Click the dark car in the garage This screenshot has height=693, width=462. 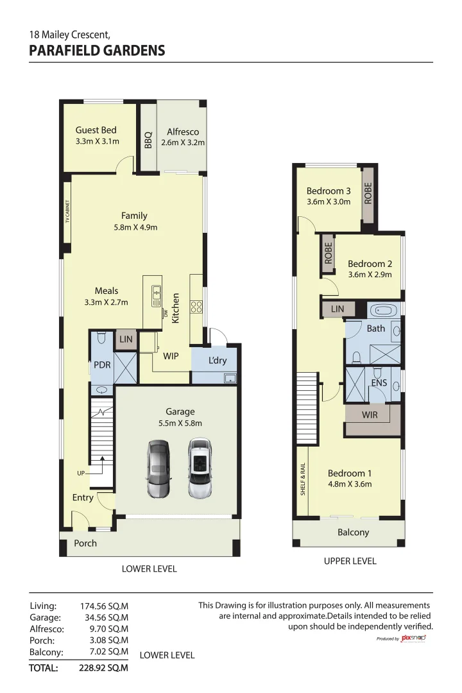[x=157, y=468]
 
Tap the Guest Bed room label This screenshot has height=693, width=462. [x=96, y=130]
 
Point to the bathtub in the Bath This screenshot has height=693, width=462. [x=386, y=311]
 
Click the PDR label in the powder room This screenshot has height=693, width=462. [x=102, y=364]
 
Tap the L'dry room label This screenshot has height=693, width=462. [x=218, y=361]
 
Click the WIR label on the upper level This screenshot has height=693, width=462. [x=370, y=415]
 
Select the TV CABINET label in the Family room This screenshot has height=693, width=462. [x=67, y=212]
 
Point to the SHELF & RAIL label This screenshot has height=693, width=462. [x=302, y=478]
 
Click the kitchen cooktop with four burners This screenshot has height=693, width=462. [x=196, y=307]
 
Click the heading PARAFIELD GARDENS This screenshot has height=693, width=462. [x=97, y=51]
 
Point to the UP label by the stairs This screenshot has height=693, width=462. [x=81, y=474]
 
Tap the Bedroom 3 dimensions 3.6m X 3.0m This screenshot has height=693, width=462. [x=329, y=201]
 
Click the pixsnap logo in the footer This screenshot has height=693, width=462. [x=413, y=638]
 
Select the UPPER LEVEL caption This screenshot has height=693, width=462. [x=350, y=561]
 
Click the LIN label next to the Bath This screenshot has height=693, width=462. [x=338, y=309]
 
